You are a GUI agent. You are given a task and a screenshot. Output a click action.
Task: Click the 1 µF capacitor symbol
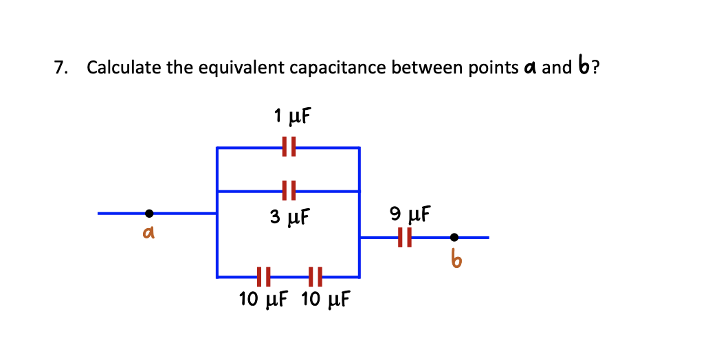click(x=289, y=147)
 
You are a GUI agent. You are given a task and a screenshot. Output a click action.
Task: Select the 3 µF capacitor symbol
click(x=289, y=191)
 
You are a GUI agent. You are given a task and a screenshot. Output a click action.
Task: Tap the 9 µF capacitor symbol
click(x=406, y=238)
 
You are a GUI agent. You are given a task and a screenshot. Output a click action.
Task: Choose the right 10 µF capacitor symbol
click(x=316, y=278)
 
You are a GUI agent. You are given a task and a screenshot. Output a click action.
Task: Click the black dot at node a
click(x=149, y=214)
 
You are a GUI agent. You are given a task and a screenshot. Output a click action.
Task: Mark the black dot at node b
click(x=454, y=238)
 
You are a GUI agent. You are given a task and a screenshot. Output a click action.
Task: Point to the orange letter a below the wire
click(x=146, y=234)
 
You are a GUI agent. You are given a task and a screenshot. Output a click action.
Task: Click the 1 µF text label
click(x=291, y=117)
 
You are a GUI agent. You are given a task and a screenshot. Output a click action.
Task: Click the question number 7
click(x=61, y=68)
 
